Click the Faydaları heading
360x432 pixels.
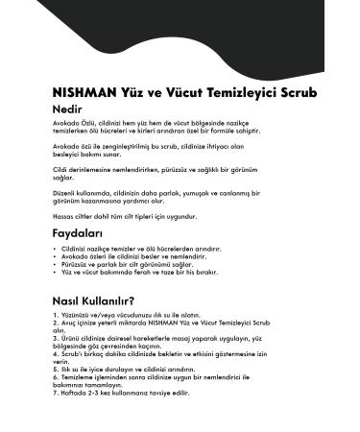(81, 233)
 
